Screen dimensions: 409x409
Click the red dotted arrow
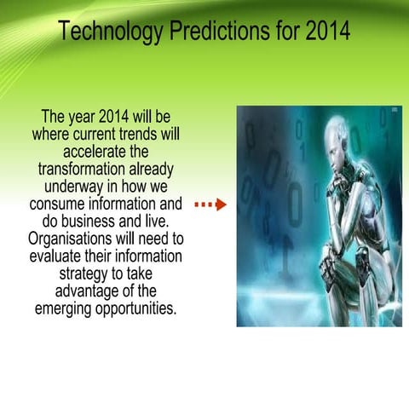coord(210,204)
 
